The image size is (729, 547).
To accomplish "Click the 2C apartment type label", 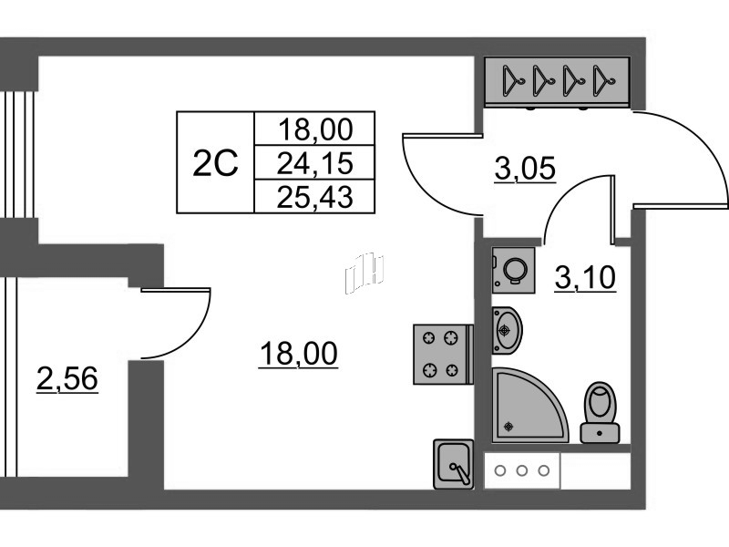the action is [x=215, y=163].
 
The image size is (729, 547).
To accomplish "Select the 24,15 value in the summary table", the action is [x=314, y=163].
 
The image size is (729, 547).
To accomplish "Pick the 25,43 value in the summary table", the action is [x=314, y=197].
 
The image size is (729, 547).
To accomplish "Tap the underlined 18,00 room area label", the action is [x=299, y=354].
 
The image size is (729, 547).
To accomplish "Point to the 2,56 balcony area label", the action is [x=67, y=377].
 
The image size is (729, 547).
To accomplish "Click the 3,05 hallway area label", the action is [x=526, y=168].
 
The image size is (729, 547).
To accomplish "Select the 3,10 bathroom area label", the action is [x=585, y=277].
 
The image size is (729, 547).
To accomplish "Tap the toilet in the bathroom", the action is [x=600, y=412].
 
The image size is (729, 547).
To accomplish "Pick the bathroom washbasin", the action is [x=507, y=330].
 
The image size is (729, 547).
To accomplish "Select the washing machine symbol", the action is [x=513, y=270].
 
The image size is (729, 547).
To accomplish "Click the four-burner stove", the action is [x=443, y=355].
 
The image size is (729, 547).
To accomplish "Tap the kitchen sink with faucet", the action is [x=453, y=464].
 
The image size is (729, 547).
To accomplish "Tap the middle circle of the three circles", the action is [x=522, y=470].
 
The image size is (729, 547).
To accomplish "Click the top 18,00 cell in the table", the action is [x=315, y=129].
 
